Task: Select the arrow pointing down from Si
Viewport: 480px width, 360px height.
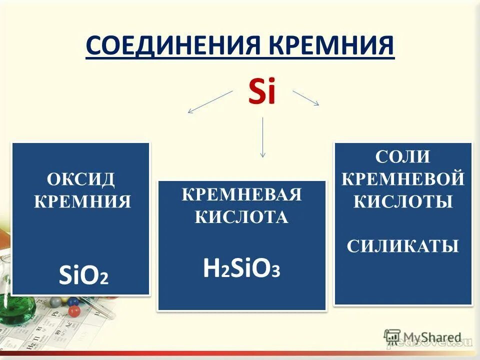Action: point(262,137)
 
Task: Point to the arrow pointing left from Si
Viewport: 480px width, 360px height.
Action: point(210,102)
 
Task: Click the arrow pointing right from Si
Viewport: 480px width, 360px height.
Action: point(305,97)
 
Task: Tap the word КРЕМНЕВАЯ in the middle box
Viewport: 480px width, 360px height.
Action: point(242,194)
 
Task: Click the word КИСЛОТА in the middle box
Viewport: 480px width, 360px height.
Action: point(242,217)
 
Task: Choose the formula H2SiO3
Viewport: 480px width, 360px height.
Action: point(242,268)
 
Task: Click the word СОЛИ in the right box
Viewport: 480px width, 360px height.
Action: point(402,156)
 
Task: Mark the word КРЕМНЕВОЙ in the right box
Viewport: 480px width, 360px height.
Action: point(402,178)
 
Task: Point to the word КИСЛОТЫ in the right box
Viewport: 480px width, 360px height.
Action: point(402,201)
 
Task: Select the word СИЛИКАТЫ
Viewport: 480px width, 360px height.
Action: point(402,246)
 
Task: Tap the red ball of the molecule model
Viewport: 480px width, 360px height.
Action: point(75,311)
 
